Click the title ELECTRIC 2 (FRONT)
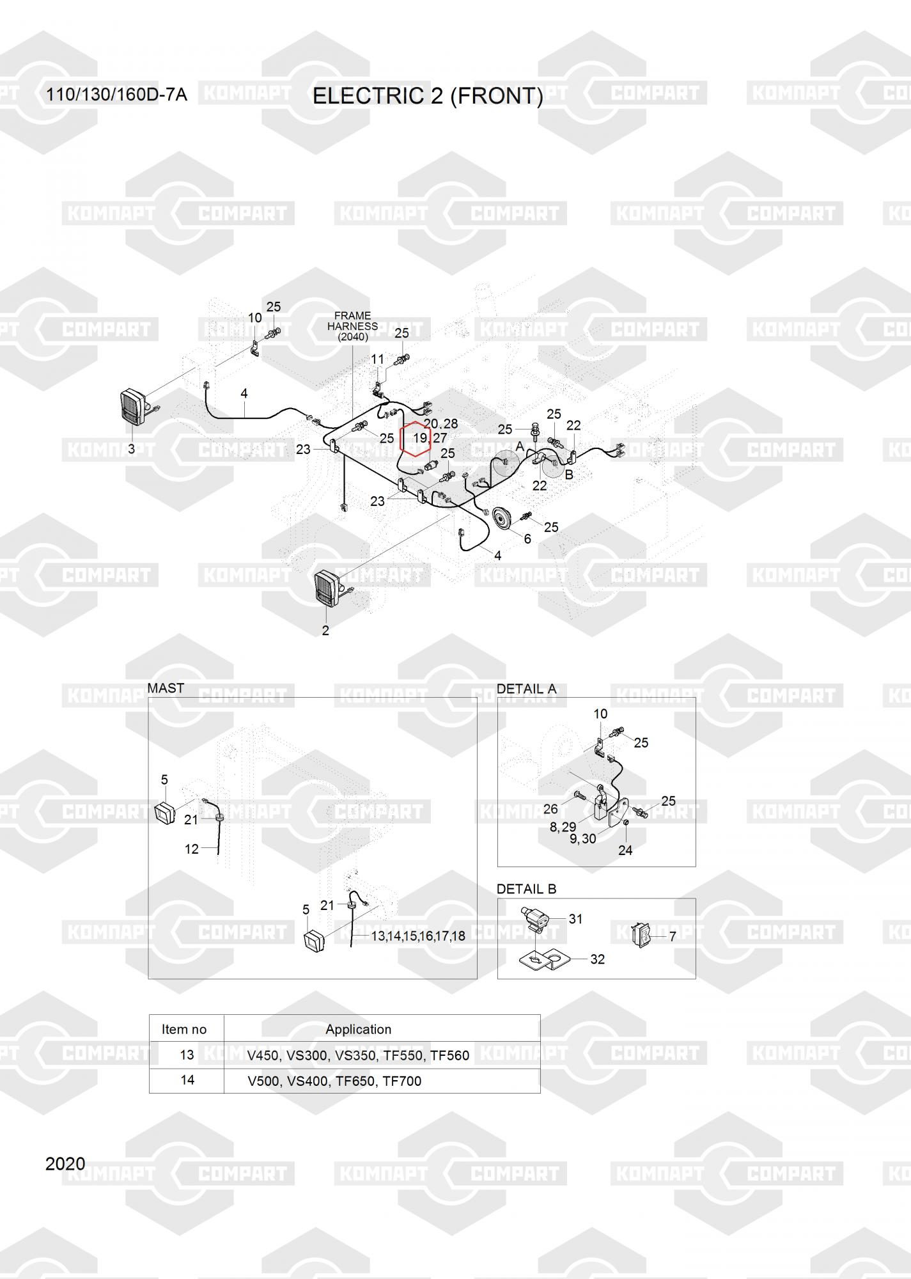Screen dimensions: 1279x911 pyautogui.click(x=428, y=96)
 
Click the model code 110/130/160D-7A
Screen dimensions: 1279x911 pyautogui.click(x=116, y=95)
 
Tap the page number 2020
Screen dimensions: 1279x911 pyautogui.click(x=65, y=1163)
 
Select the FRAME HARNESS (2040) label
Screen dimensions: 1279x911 pyautogui.click(x=353, y=326)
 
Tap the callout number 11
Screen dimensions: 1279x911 pyautogui.click(x=378, y=359)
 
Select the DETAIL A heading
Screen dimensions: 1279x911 pyautogui.click(x=526, y=689)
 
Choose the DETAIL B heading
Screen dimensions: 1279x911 pyautogui.click(x=526, y=889)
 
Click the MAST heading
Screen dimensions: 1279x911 pyautogui.click(x=166, y=688)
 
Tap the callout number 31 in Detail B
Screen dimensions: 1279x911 pyautogui.click(x=575, y=919)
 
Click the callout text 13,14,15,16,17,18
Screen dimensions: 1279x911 pyautogui.click(x=418, y=936)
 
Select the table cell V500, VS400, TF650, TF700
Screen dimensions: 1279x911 pyautogui.click(x=334, y=1081)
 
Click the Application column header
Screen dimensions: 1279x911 pyautogui.click(x=358, y=1029)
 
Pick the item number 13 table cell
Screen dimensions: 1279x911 pyautogui.click(x=187, y=1055)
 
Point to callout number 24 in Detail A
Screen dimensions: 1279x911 pyautogui.click(x=625, y=850)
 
